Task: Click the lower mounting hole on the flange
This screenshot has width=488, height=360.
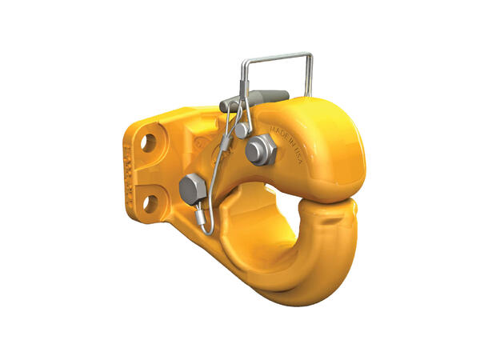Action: pos(150,202)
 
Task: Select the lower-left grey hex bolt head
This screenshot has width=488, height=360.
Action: pos(192,190)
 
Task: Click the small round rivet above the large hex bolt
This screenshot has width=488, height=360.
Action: pos(241,130)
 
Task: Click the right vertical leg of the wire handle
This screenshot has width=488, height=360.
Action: pos(310,76)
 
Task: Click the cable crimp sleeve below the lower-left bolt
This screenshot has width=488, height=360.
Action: pos(201,216)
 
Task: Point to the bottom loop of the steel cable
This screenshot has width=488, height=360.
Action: pos(207,232)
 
